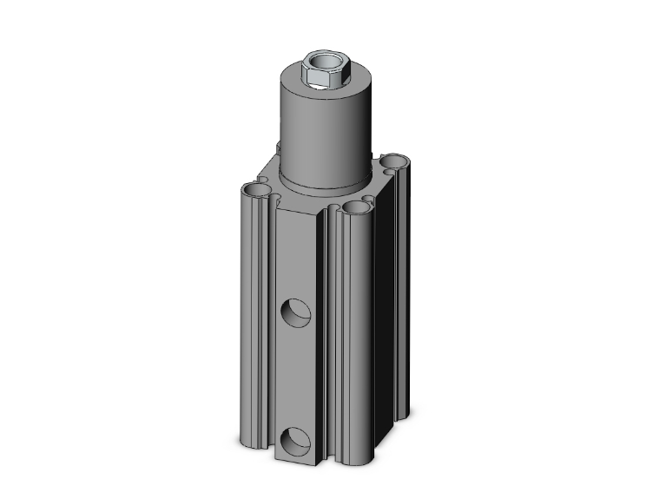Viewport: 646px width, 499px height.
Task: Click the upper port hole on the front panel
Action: click(295, 310)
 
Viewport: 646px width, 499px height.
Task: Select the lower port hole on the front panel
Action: click(295, 440)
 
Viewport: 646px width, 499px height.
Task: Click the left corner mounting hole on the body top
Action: click(257, 188)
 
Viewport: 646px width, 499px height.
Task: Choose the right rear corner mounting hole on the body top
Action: click(395, 161)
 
